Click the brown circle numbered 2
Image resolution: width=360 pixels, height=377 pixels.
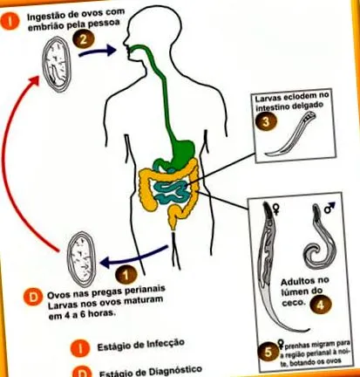pyautogui.click(x=84, y=39)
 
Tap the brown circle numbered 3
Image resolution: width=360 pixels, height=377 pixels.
pyautogui.click(x=265, y=122)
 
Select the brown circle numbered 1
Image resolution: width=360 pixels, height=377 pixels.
pyautogui.click(x=126, y=275)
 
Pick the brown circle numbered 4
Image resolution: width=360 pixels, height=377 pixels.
pyautogui.click(x=320, y=305)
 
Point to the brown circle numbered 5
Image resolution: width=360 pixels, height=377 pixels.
pyautogui.click(x=268, y=352)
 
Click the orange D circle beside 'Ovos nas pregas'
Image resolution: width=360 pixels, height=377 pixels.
pyautogui.click(x=33, y=297)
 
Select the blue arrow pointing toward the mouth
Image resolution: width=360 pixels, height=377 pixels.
pyautogui.click(x=98, y=51)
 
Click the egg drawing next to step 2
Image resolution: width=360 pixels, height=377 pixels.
pyautogui.click(x=57, y=65)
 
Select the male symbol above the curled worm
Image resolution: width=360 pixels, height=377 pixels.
pyautogui.click(x=329, y=208)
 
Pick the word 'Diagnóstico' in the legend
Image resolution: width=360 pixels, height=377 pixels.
pyautogui.click(x=175, y=370)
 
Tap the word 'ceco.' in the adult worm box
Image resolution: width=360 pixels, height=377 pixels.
pyautogui.click(x=290, y=303)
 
